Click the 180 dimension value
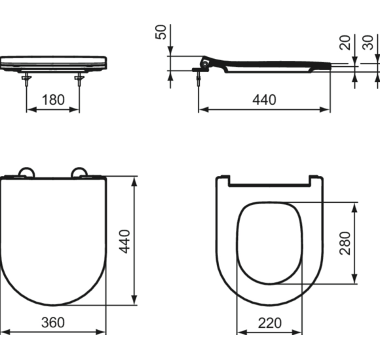[53, 100]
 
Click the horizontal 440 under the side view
[264, 100]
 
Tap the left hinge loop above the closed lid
[26, 171]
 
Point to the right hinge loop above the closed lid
[81, 171]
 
